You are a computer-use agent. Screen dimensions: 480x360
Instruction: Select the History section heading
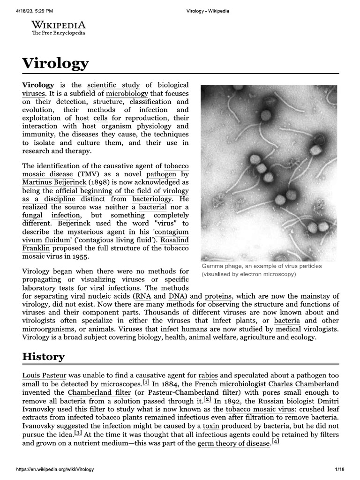[x=44, y=357]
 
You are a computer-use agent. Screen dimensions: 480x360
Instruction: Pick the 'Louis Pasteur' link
[x=45, y=375]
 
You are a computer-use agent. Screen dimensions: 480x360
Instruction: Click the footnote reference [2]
[x=207, y=400]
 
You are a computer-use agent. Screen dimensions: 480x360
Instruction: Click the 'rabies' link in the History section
[x=208, y=375]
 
